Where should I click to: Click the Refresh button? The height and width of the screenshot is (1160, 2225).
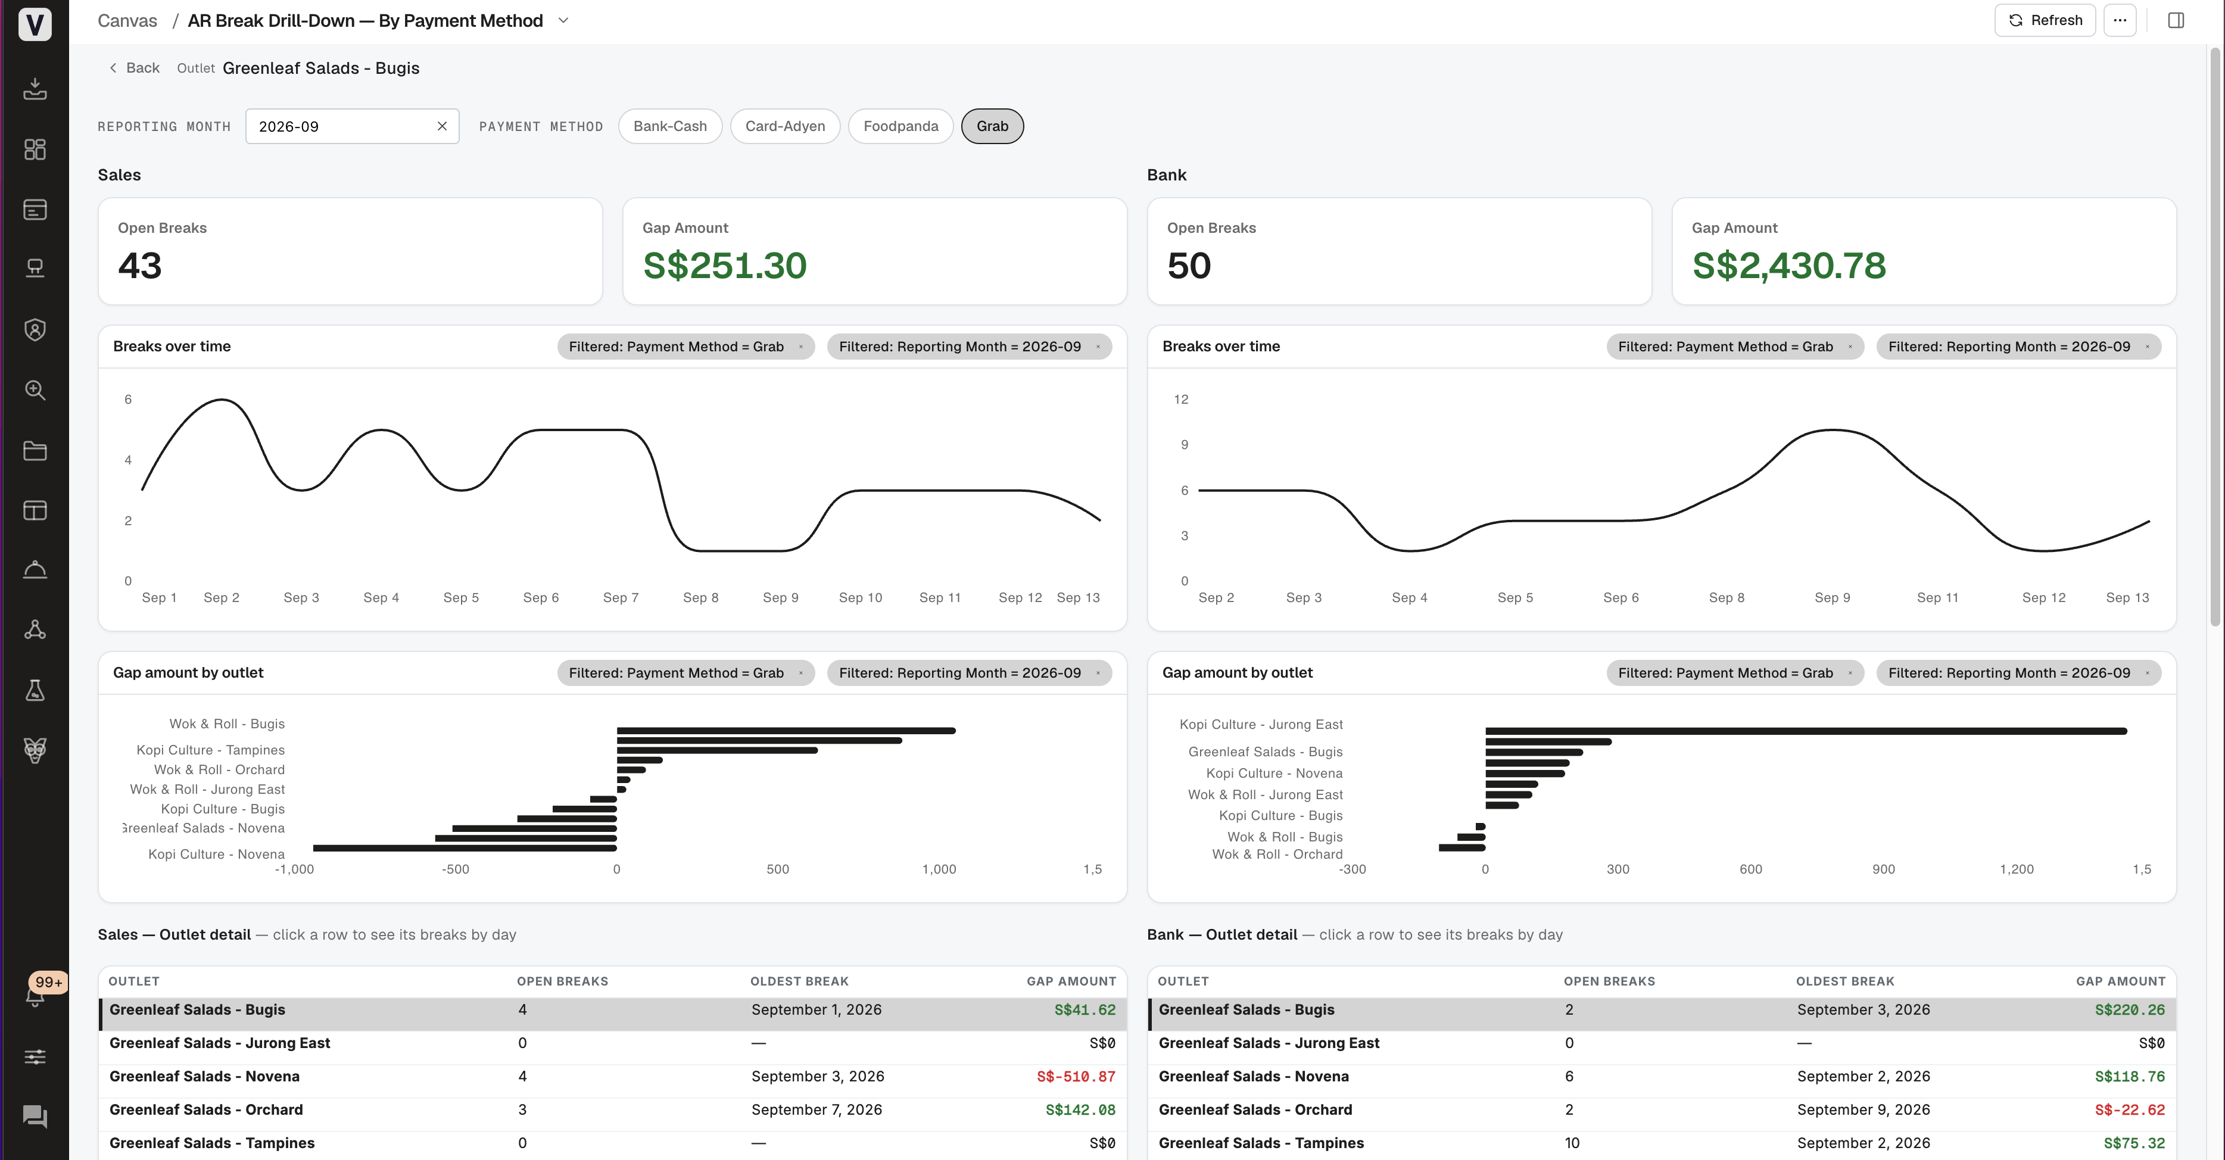2045,20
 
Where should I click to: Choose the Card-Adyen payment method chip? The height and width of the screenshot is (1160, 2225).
784,126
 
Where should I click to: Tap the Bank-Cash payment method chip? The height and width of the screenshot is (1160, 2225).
669,126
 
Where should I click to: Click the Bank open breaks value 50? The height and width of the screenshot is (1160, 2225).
1189,265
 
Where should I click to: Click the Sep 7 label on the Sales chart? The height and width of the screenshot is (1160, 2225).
620,598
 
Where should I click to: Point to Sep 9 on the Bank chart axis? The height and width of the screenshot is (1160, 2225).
1832,598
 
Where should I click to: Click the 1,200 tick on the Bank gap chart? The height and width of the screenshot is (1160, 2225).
2016,869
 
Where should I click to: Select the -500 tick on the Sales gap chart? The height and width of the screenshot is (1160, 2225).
455,869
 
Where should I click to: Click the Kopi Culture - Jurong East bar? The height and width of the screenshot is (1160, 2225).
1805,731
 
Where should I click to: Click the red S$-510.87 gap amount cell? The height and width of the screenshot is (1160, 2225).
1076,1076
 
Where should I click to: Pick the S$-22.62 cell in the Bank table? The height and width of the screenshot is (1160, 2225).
2129,1110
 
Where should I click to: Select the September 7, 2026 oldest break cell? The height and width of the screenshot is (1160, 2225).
817,1110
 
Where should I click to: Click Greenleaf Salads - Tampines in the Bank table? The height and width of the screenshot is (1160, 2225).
1261,1143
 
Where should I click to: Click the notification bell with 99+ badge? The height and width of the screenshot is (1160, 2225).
35,995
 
